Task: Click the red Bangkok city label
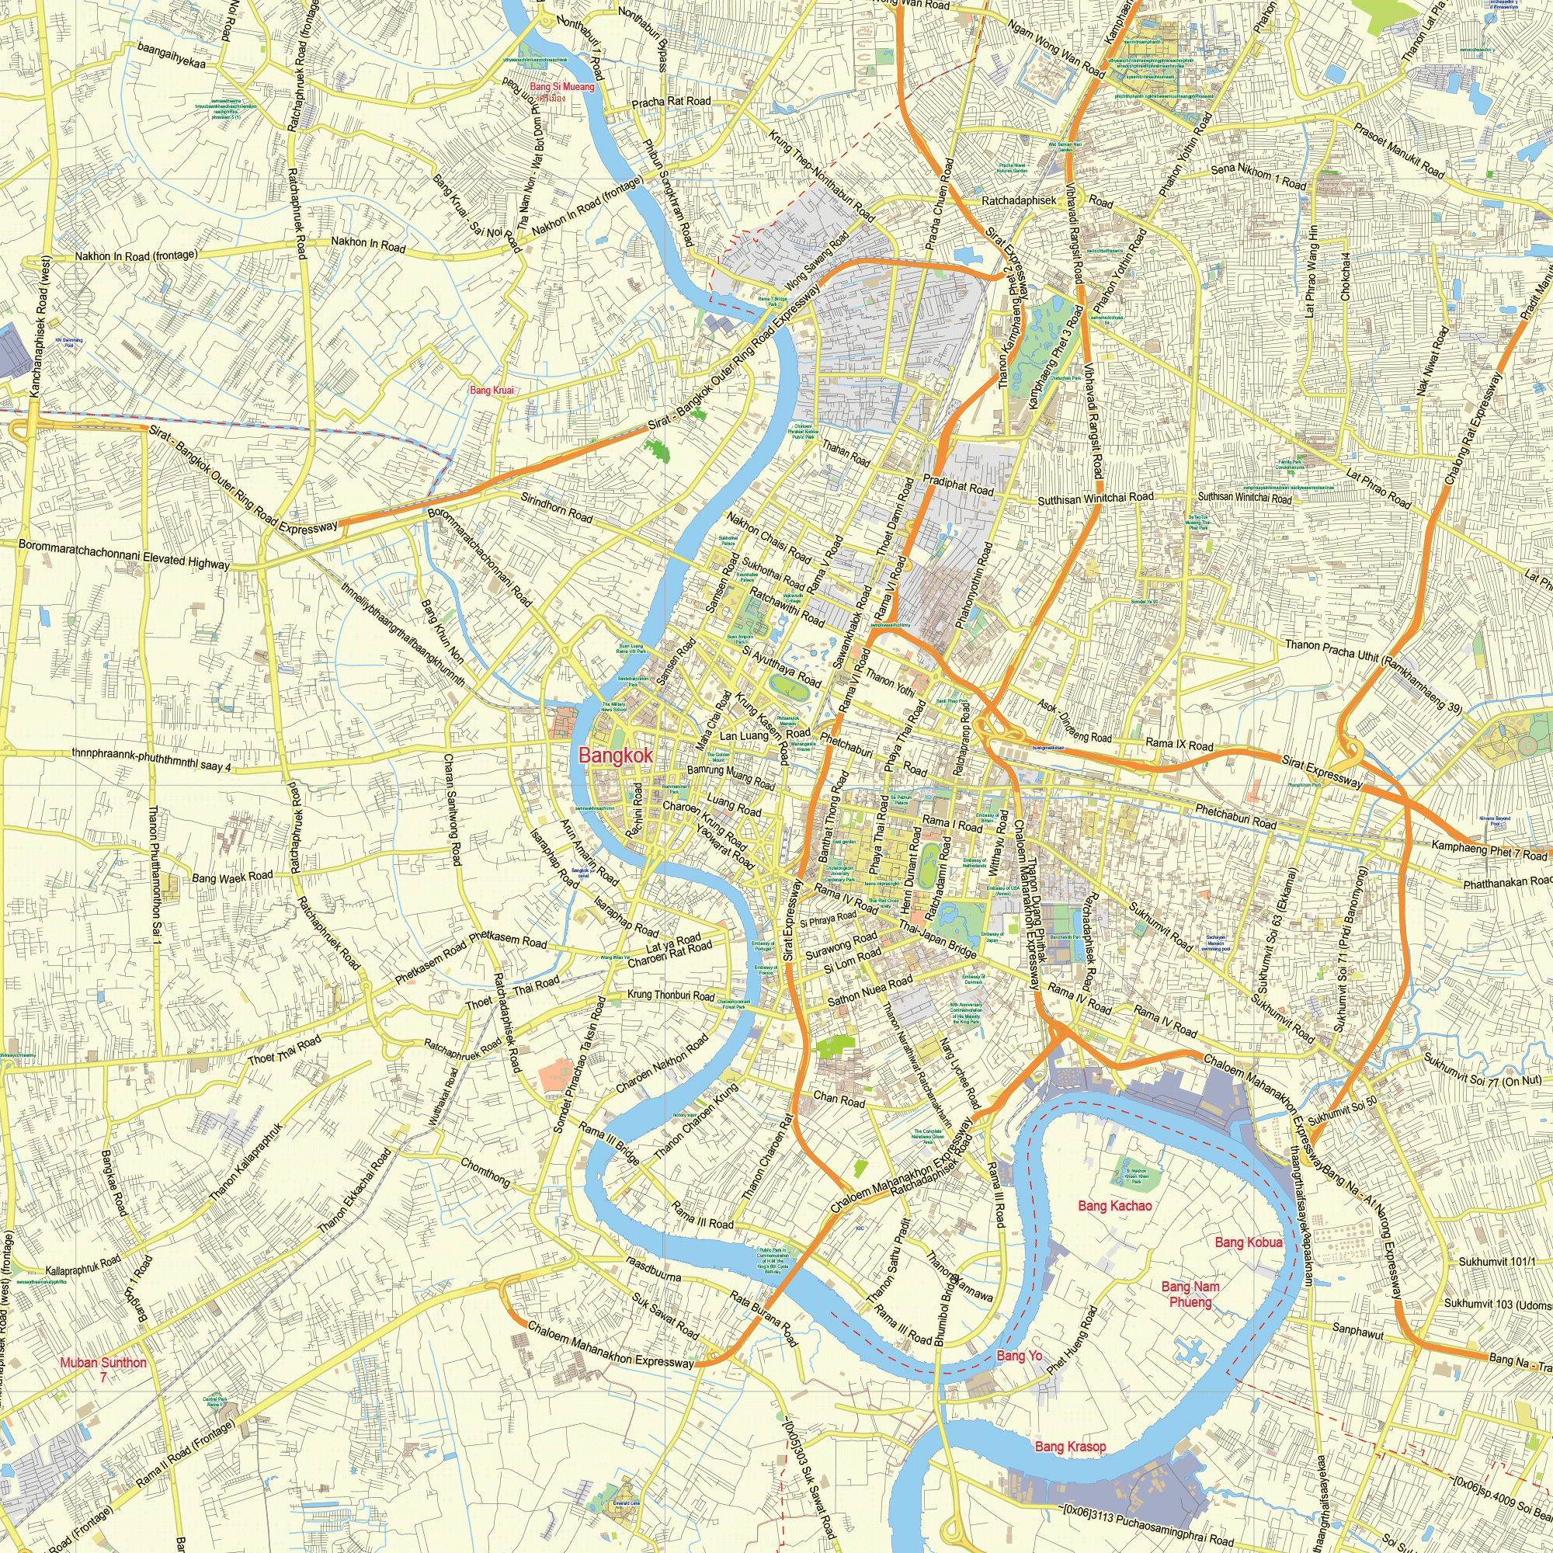point(615,756)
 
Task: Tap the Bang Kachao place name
point(1115,1206)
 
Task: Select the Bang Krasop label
point(1070,1447)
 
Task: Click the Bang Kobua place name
point(1249,1242)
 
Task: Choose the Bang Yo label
point(1020,1356)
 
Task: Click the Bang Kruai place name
point(492,391)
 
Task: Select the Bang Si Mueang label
point(562,87)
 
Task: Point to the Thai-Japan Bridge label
point(937,939)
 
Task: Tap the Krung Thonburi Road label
point(670,996)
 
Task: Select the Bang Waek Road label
point(232,876)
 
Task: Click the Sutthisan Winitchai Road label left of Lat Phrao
point(1095,499)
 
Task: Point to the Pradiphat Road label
point(958,485)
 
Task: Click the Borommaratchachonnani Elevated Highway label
point(123,554)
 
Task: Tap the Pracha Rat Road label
point(671,102)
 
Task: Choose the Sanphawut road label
point(1357,1330)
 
